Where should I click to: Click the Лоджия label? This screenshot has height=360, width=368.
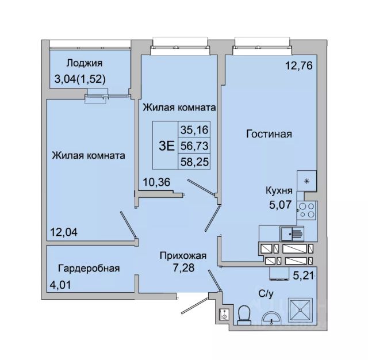click(x=85, y=63)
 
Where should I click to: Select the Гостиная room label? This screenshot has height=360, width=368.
click(x=269, y=134)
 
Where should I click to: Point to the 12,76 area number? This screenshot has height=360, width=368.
click(x=299, y=66)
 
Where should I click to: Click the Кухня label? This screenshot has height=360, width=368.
click(x=279, y=190)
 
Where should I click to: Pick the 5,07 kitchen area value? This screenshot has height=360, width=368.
click(x=280, y=205)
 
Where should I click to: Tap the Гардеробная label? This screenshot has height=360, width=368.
click(x=89, y=268)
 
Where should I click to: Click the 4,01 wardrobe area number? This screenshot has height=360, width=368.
click(x=60, y=285)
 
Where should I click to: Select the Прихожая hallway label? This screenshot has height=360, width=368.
click(x=183, y=255)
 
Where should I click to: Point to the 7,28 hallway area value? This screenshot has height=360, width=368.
click(x=183, y=267)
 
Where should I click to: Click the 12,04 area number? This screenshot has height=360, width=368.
click(x=64, y=232)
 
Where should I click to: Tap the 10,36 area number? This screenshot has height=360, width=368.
click(x=156, y=182)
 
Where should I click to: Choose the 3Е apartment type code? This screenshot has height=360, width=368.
click(x=167, y=145)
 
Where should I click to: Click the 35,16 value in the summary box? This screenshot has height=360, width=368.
click(x=194, y=130)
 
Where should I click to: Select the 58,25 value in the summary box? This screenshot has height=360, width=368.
click(x=194, y=162)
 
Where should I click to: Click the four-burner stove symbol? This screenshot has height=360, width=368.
click(x=306, y=210)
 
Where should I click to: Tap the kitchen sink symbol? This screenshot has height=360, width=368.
click(x=292, y=233)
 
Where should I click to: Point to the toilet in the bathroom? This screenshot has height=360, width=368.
click(x=244, y=315)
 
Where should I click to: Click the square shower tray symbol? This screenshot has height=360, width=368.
click(x=301, y=310)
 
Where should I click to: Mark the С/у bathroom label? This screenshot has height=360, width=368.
click(x=266, y=294)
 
